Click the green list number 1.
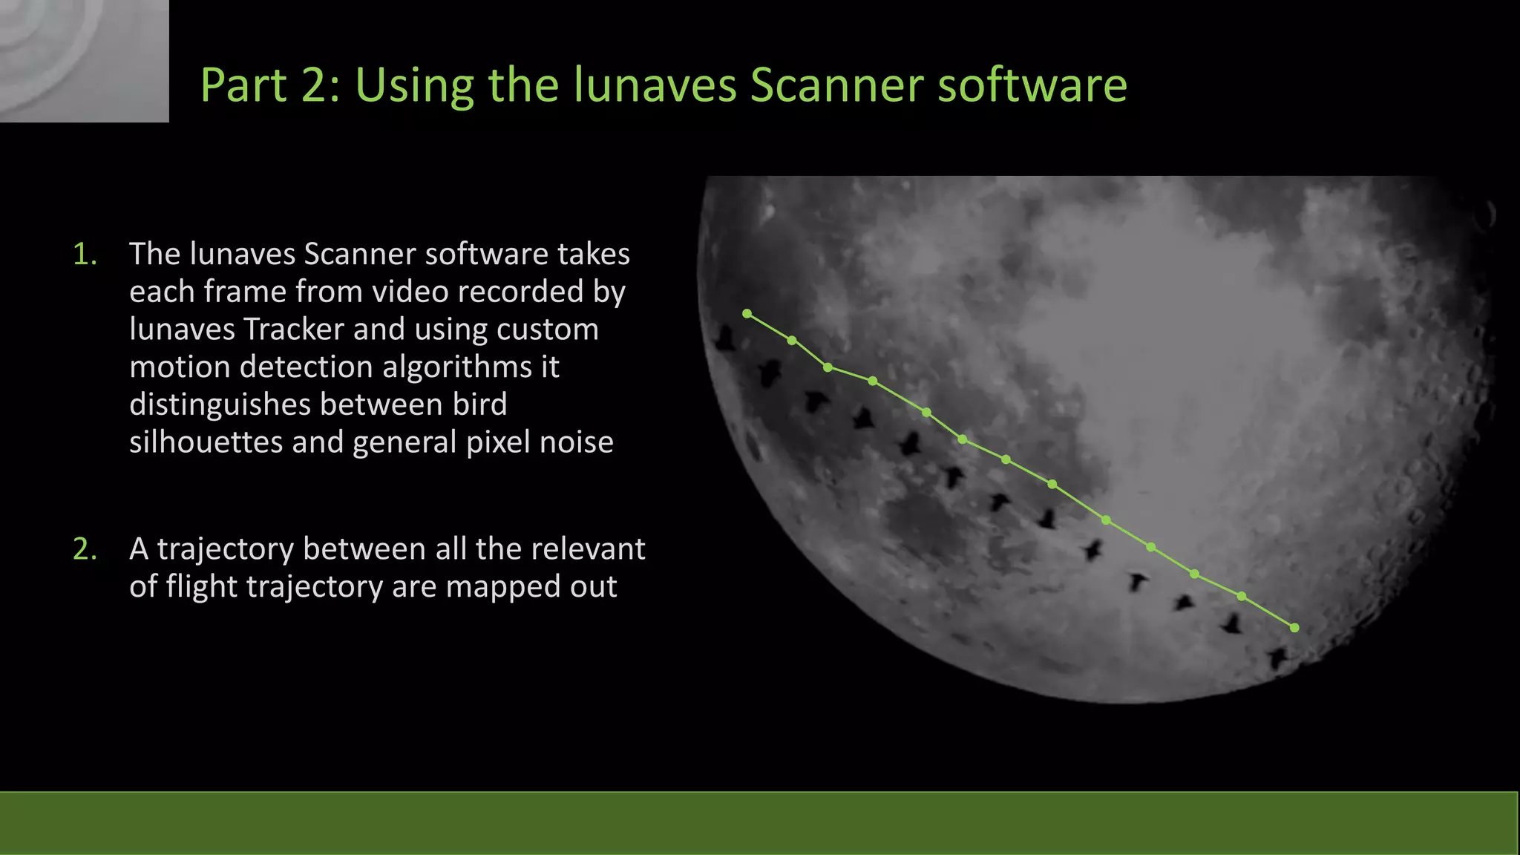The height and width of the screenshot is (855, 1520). coord(85,255)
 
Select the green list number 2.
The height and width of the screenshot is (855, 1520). coord(85,549)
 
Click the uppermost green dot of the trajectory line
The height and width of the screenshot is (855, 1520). coord(747,314)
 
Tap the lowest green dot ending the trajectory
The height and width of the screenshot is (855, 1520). coord(1294,628)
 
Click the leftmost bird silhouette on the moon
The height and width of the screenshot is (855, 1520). coord(724,340)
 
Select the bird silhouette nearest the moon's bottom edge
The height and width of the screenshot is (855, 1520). coord(1277,658)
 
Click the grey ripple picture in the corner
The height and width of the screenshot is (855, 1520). coord(84,60)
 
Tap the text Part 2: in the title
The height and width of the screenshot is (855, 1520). coord(269,85)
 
